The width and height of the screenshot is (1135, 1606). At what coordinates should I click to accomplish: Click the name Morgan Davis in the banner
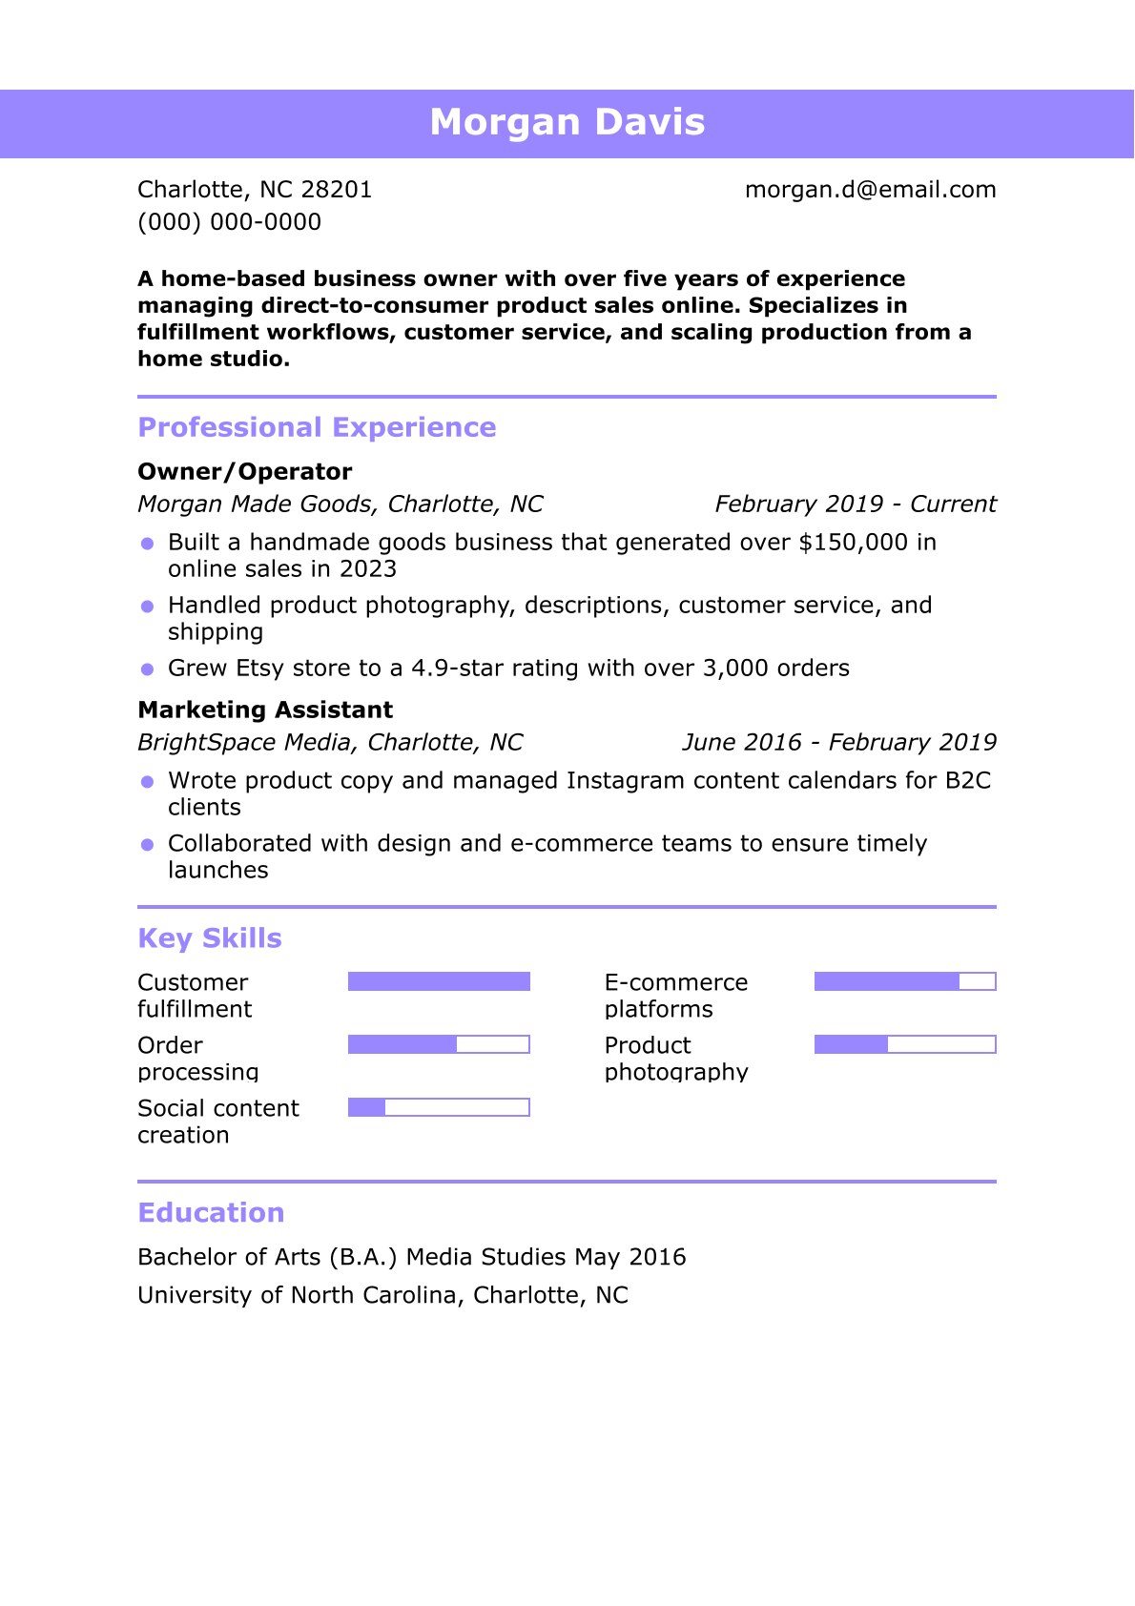coord(567,123)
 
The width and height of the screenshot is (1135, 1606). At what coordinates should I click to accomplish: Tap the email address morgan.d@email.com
coord(870,190)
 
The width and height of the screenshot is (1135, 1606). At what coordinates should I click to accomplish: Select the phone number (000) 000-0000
coord(229,222)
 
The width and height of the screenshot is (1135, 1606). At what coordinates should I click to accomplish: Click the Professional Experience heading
coord(317,427)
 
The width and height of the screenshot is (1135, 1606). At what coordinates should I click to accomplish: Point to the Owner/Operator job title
coord(245,472)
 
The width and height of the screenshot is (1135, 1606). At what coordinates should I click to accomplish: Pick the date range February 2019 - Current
coord(855,504)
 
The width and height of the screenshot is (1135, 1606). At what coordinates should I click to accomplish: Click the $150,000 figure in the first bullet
coord(853,543)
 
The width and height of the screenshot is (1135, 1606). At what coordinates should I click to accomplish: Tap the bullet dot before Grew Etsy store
coord(147,669)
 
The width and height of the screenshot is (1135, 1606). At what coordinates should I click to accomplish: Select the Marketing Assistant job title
coord(265,710)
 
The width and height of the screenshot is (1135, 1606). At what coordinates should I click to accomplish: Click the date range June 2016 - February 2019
coord(838,743)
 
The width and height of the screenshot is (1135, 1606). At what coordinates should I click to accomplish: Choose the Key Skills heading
coord(210,938)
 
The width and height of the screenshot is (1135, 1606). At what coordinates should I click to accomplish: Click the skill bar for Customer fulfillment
coord(439,982)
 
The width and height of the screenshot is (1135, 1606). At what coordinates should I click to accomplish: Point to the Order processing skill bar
coord(439,1045)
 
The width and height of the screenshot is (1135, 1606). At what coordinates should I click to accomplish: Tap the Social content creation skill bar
coord(439,1108)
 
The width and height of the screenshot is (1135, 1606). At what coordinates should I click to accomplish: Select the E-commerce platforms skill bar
coord(905,982)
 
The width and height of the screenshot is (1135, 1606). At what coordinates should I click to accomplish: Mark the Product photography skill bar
coord(905,1045)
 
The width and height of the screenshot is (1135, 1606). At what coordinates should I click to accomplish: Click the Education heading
coord(211,1213)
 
